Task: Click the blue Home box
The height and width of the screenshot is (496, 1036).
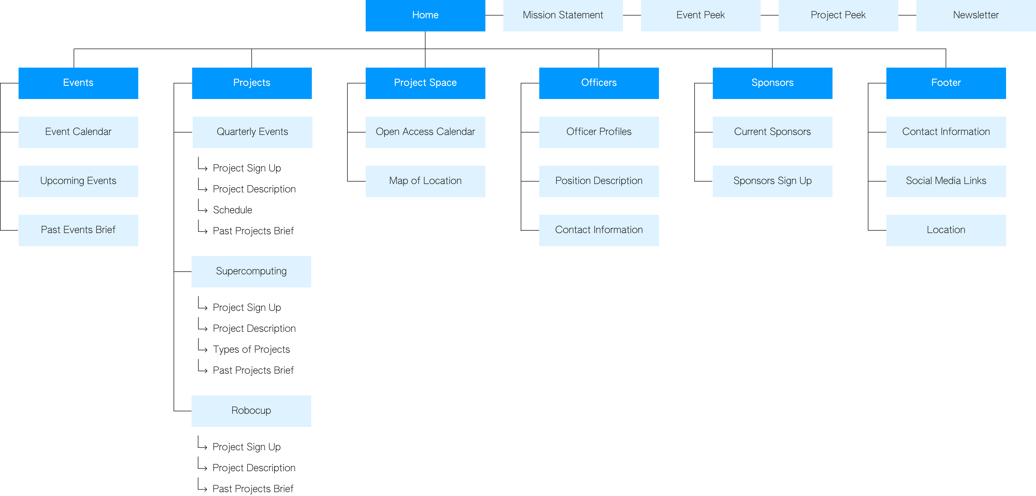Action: pos(425,15)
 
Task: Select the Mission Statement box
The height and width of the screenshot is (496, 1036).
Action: pos(563,15)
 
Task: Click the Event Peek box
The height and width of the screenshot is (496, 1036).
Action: pos(700,15)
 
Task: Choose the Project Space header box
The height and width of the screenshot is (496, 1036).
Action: pos(425,83)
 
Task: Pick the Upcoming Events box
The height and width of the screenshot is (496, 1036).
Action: pos(78,181)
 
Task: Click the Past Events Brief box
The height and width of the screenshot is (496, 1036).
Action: pos(78,230)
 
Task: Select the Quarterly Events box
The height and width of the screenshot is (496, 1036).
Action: pos(252,132)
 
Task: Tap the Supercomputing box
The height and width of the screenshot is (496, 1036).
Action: pos(251,271)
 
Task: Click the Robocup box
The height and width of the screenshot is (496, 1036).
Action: pos(251,410)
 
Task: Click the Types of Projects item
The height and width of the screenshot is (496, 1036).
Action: pos(251,349)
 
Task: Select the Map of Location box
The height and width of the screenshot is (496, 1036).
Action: pos(425,181)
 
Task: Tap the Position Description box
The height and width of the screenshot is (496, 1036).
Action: pos(598,181)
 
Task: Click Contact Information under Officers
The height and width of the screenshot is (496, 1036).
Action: pos(598,230)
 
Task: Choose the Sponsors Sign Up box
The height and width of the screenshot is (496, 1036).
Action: pos(772,181)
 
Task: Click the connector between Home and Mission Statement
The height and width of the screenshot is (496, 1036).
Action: pos(494,15)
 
